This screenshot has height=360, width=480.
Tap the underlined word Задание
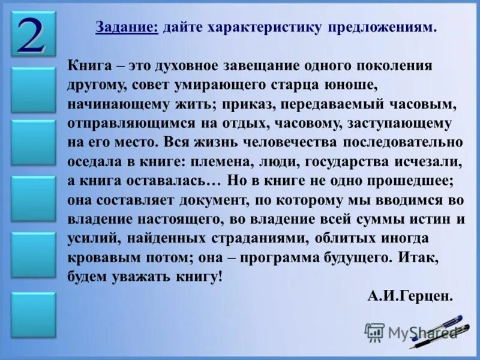(x=126, y=28)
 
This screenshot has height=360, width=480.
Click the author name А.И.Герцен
(x=410, y=297)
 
